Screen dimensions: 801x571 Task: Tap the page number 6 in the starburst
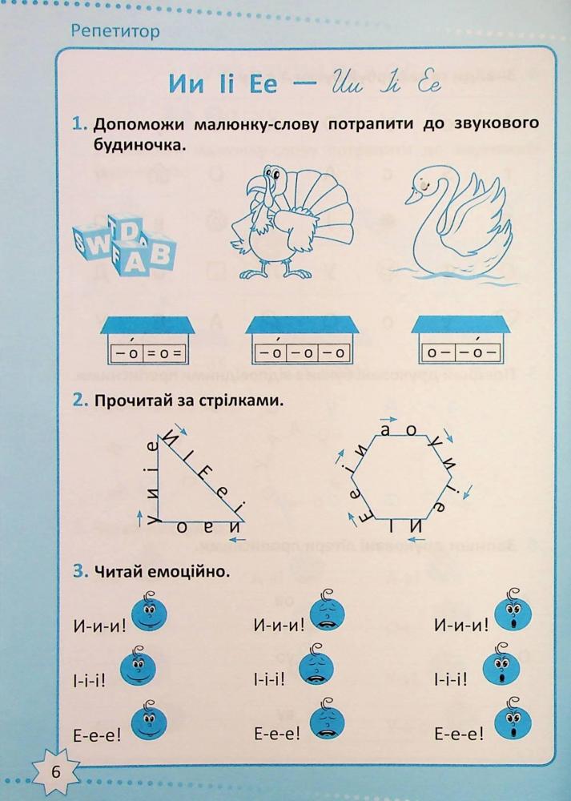click(55, 773)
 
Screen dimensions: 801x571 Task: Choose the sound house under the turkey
click(301, 340)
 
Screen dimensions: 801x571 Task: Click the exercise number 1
click(78, 125)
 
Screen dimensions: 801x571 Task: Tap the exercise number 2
click(78, 400)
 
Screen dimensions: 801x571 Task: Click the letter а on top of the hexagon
click(387, 430)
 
